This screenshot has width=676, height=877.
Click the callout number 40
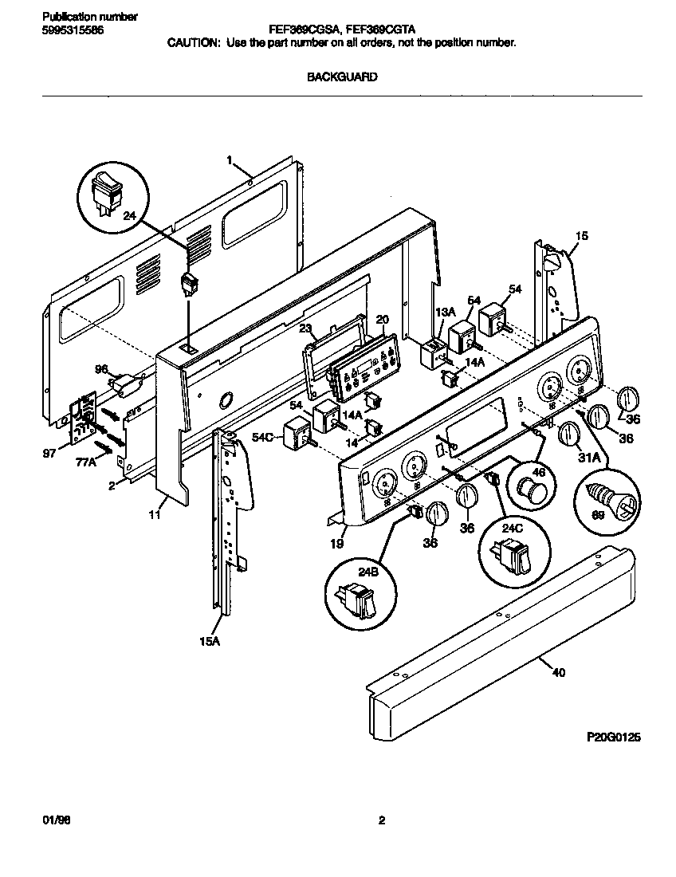click(x=558, y=673)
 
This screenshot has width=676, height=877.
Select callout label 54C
click(x=264, y=438)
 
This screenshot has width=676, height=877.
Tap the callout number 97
click(x=49, y=452)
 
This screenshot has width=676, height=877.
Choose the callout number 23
click(x=305, y=327)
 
